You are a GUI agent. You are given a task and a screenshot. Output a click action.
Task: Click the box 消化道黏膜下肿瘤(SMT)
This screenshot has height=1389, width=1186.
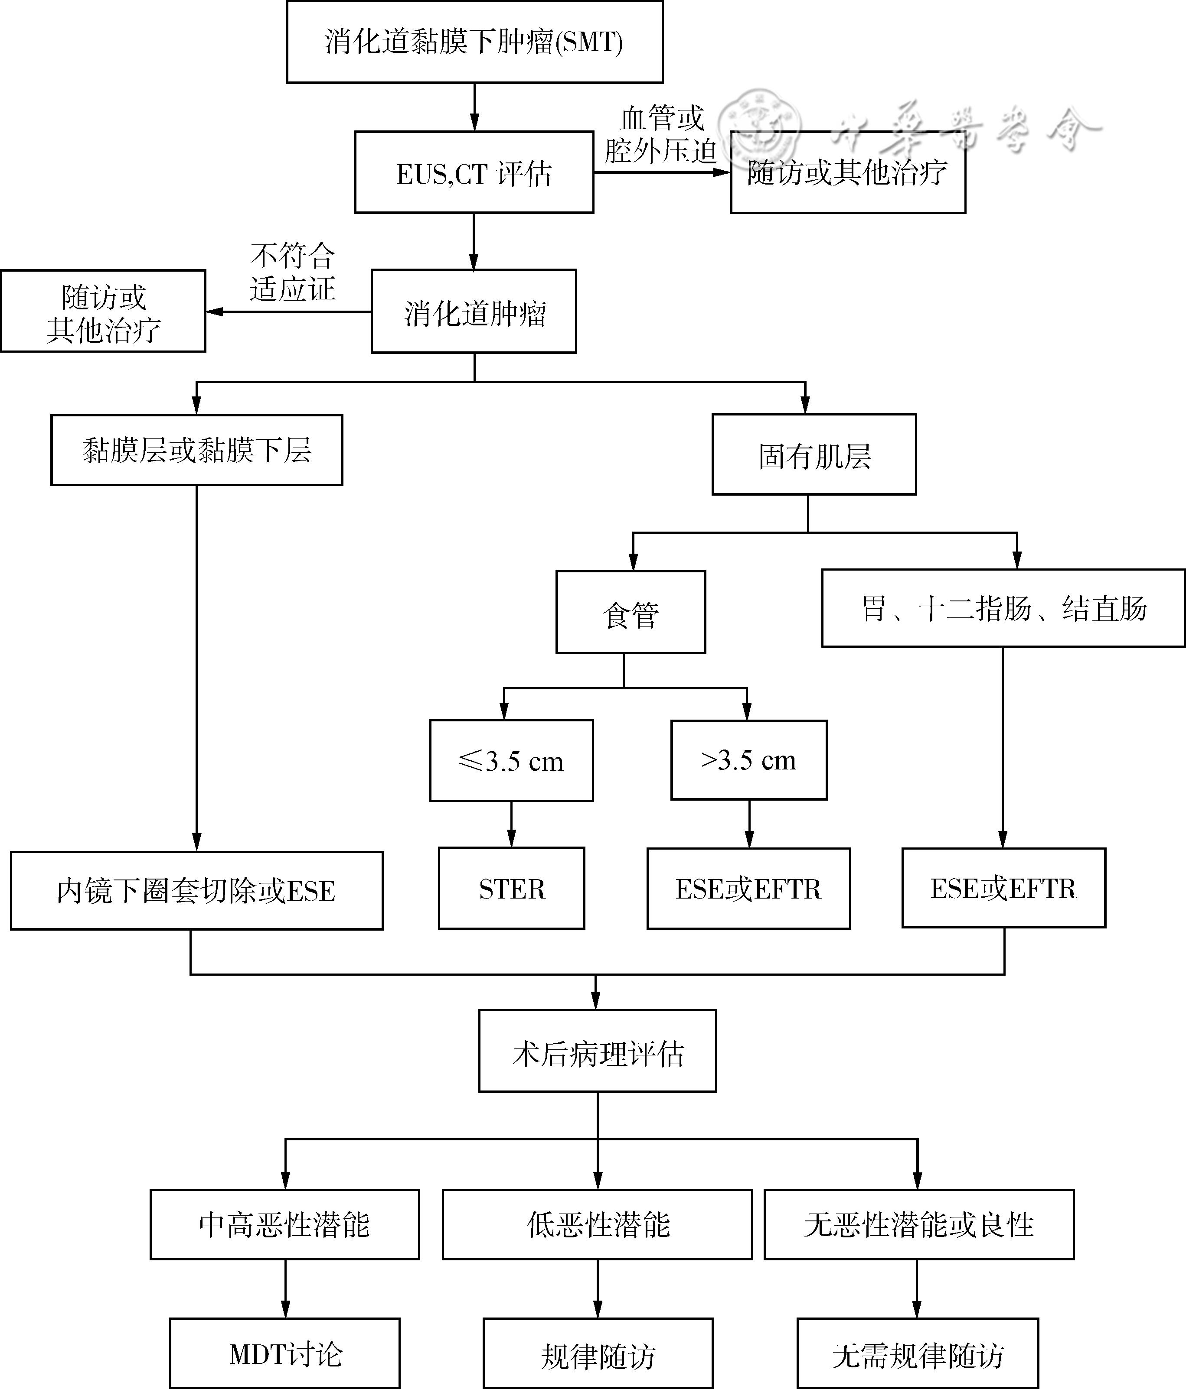tap(474, 42)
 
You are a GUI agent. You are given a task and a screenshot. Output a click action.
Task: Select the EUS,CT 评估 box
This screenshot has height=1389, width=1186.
tap(474, 173)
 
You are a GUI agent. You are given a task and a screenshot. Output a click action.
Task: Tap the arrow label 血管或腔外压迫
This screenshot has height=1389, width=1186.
tap(661, 136)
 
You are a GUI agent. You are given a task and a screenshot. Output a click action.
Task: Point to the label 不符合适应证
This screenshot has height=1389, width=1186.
tap(292, 272)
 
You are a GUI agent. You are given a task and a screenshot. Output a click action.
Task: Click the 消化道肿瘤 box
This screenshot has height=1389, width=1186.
tap(474, 312)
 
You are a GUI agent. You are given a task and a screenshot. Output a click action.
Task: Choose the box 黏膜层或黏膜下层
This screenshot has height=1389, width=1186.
tap(196, 450)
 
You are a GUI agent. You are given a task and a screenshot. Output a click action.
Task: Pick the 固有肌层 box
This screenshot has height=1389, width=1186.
tap(814, 454)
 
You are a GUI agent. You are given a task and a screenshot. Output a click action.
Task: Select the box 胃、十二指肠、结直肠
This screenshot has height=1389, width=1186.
tap(1003, 608)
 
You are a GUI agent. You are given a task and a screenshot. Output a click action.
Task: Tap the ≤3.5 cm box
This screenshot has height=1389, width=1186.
tap(511, 761)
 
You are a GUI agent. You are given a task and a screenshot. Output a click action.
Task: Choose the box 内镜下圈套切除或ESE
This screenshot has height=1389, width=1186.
tap(196, 891)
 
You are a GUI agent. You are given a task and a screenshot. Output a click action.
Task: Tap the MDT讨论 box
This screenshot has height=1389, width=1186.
tap(284, 1354)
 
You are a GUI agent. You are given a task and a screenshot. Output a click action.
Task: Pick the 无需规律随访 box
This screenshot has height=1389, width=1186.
tap(917, 1354)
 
